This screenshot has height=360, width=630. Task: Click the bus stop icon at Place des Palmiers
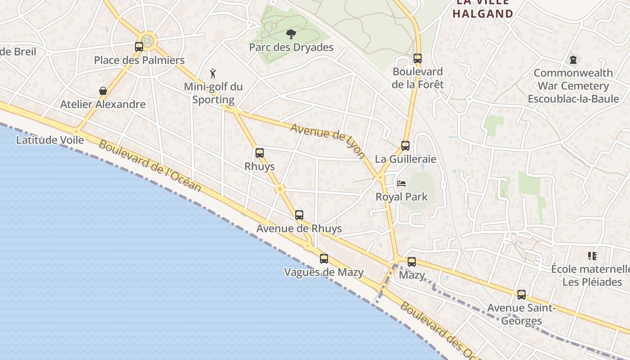[139, 46]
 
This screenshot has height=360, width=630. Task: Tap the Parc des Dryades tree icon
[291, 34]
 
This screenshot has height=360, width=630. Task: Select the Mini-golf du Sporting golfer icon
[213, 73]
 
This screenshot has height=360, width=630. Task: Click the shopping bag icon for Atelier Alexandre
[103, 91]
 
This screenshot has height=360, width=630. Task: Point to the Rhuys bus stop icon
[260, 153]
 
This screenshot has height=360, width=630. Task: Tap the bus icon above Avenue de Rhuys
[299, 215]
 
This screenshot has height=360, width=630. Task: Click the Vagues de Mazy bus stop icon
[324, 259]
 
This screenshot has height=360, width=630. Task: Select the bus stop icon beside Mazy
[412, 262]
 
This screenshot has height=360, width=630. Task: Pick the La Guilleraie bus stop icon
[405, 145]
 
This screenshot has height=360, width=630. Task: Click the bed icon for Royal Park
[401, 184]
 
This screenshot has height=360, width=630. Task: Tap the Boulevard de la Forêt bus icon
[418, 58]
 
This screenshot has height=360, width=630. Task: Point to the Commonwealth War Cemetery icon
[573, 59]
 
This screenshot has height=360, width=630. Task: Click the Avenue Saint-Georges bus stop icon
[522, 295]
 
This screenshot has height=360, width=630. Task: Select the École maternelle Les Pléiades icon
[592, 256]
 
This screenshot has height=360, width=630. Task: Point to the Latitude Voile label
[50, 140]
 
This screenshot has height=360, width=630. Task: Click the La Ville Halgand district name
[483, 8]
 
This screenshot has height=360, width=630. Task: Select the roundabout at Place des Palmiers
[148, 41]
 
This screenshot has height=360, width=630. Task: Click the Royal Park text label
[402, 197]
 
